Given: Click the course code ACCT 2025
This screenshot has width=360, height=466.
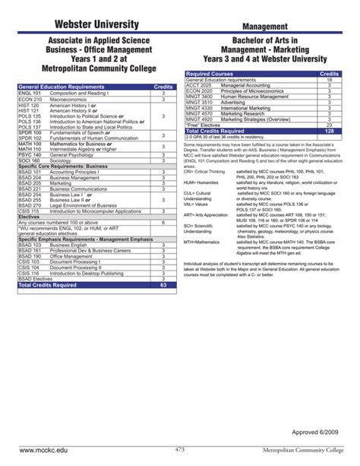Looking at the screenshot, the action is (197, 85).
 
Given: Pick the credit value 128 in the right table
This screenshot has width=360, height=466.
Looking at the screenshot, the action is (328, 131).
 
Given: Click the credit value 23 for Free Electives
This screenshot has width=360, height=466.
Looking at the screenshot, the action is (328, 125).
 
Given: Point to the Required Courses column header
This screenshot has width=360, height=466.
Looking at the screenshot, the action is (208, 74).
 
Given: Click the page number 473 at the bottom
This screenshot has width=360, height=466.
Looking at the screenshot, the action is (180, 451).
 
